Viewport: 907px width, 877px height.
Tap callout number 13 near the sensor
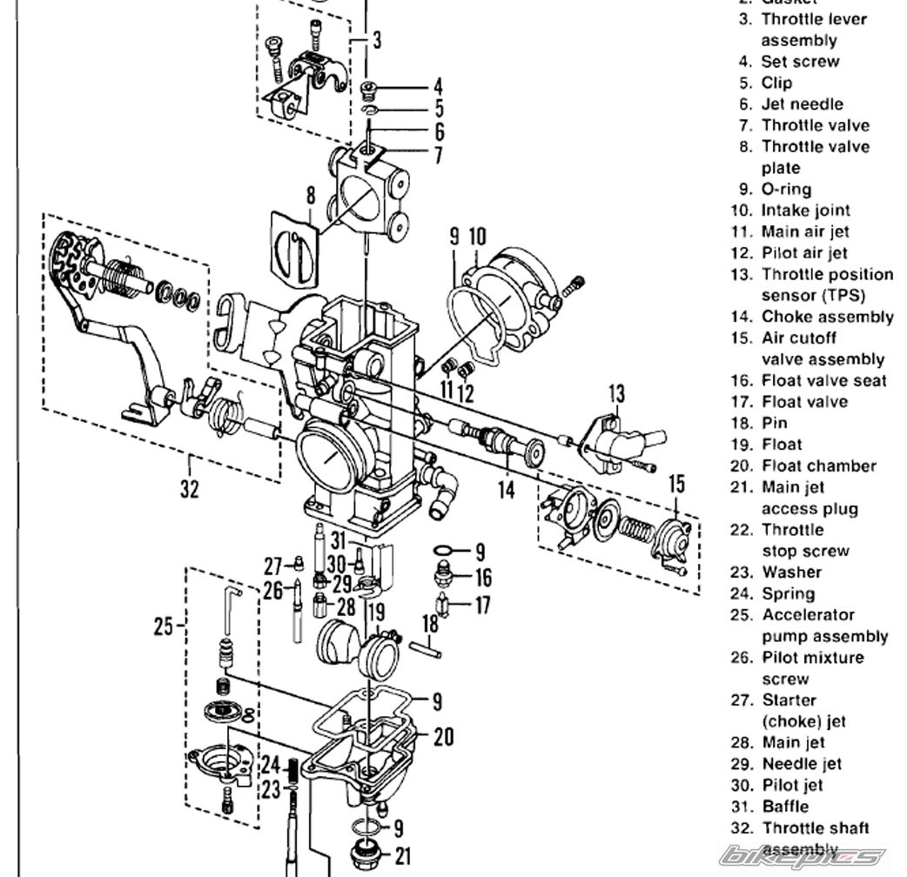point(616,395)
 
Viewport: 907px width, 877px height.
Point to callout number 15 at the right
point(676,485)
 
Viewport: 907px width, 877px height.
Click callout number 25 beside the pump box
point(164,626)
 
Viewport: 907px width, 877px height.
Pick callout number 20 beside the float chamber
point(443,737)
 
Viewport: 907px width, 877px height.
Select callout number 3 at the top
point(376,39)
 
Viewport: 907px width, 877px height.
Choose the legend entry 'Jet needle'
point(802,104)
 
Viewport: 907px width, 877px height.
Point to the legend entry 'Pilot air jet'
point(804,253)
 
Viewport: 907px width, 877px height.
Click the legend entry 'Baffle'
point(785,807)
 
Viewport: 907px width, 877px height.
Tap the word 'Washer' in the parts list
point(791,572)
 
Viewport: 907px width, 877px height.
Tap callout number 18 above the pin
point(429,624)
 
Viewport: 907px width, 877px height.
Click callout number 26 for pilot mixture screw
point(273,592)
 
